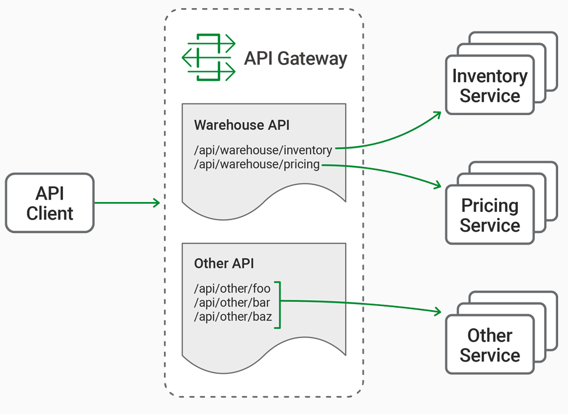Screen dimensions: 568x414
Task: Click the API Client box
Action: (50, 203)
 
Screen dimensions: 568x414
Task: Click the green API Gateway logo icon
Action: (208, 57)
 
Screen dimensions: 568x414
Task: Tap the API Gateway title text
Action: (295, 58)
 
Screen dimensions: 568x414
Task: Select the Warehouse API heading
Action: (242, 125)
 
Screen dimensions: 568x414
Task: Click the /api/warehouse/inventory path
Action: (263, 150)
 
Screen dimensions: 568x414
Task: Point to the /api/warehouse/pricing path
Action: (257, 165)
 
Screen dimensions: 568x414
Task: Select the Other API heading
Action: (224, 263)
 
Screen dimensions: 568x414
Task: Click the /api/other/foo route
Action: (232, 288)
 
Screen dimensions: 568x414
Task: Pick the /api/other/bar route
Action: (232, 302)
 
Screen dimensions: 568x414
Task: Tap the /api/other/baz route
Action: (233, 316)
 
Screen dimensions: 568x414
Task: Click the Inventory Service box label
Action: (490, 86)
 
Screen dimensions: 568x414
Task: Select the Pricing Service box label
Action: (490, 215)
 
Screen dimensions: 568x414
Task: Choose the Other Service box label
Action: (490, 345)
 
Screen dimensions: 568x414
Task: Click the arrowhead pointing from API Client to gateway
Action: (156, 203)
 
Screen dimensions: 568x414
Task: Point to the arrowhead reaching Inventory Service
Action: (437, 115)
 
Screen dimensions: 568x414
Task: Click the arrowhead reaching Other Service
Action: (438, 311)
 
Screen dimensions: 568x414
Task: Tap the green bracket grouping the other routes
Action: (280, 305)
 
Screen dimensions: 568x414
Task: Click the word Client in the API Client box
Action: (50, 213)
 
